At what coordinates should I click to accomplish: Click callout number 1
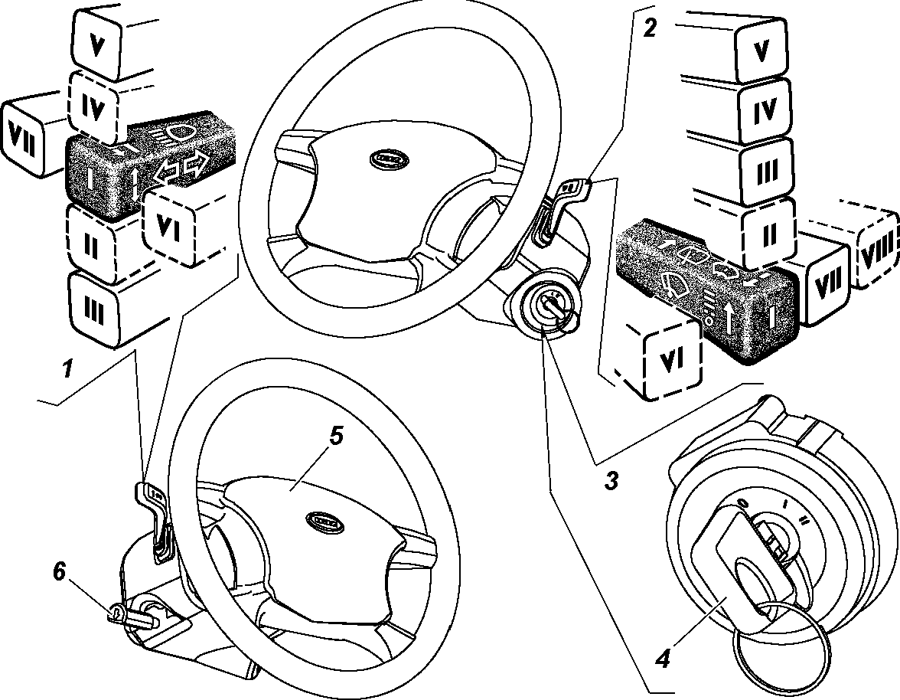click(x=68, y=369)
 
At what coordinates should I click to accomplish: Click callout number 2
click(x=649, y=28)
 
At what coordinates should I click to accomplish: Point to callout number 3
click(x=611, y=480)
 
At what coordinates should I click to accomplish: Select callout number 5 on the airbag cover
click(x=336, y=436)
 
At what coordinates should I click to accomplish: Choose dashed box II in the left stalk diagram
click(x=90, y=246)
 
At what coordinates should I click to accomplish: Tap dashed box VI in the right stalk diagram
click(x=672, y=359)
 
